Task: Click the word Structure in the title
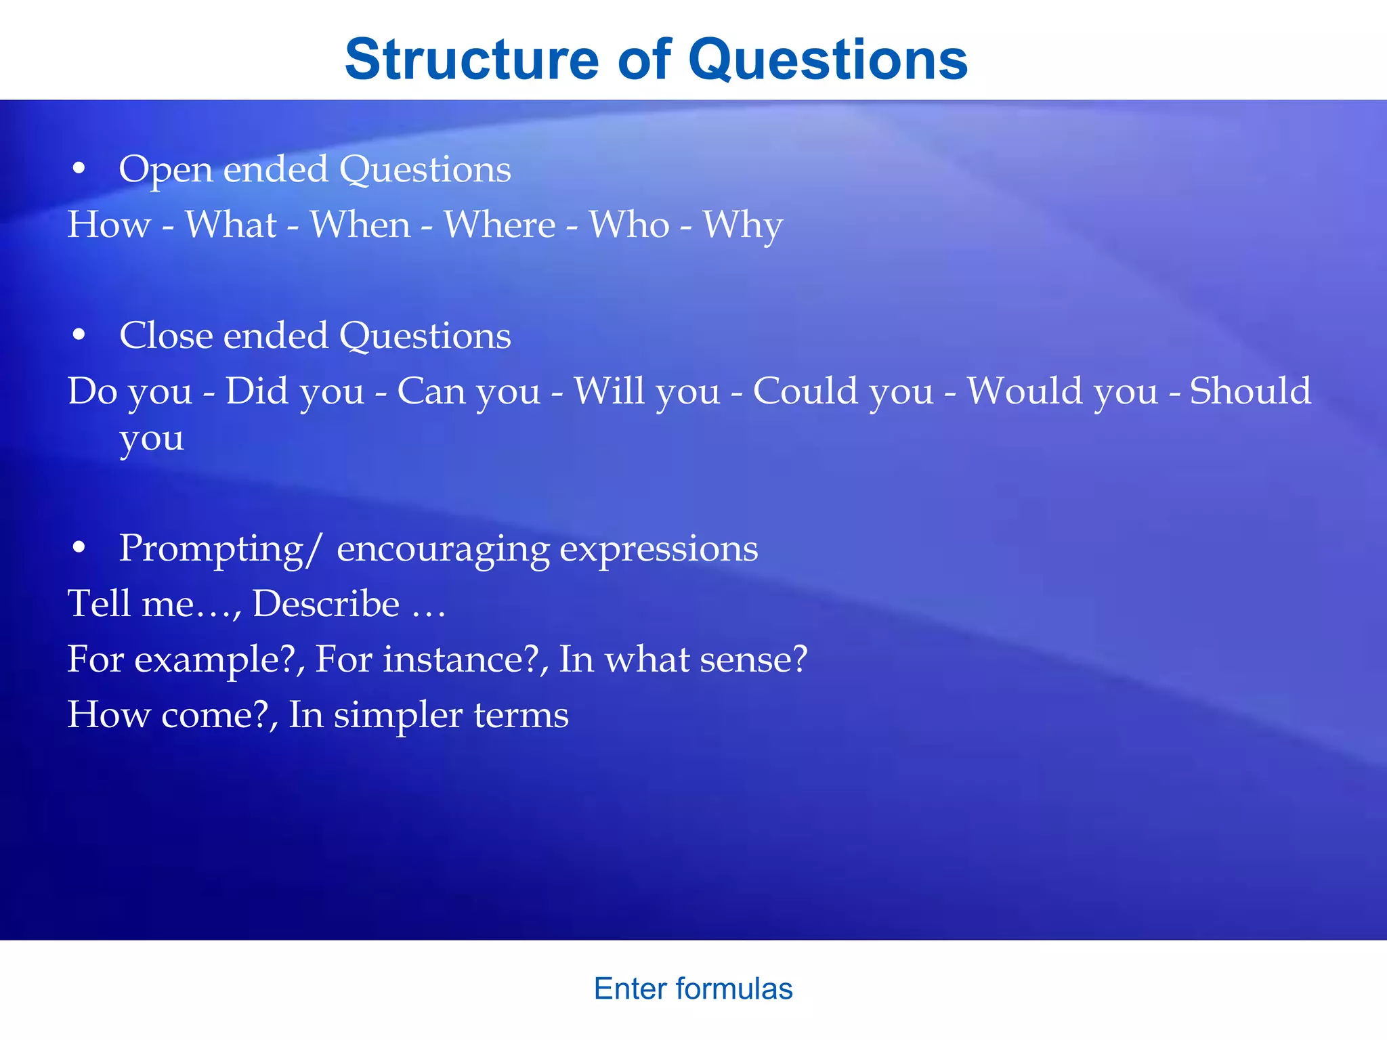(471, 60)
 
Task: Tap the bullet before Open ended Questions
(79, 169)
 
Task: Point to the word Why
(742, 225)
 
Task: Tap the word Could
(804, 391)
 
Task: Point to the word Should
(1250, 391)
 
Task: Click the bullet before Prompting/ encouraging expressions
(79, 548)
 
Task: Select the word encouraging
(443, 549)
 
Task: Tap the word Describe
(326, 603)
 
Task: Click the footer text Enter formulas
(693, 989)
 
